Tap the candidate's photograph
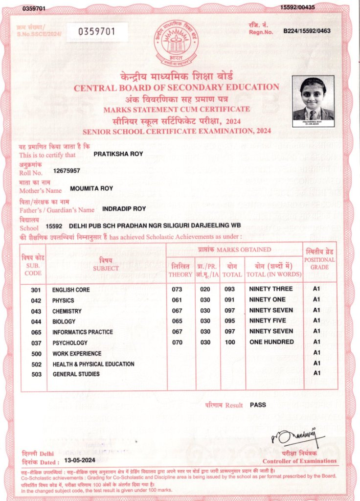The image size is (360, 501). (x=313, y=101)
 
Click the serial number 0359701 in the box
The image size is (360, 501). (x=97, y=32)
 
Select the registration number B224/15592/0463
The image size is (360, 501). (x=307, y=31)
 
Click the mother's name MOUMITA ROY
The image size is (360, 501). (x=91, y=188)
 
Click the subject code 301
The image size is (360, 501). (x=36, y=290)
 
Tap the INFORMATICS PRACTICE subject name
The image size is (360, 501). (x=83, y=332)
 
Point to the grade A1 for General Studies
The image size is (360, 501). (x=316, y=373)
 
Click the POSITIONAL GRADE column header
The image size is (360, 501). (x=319, y=263)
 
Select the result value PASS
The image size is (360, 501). (x=258, y=405)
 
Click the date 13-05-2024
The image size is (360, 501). (x=79, y=461)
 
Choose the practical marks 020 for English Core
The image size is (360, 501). (x=205, y=289)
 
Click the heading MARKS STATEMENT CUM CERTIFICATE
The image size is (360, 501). (x=176, y=109)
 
